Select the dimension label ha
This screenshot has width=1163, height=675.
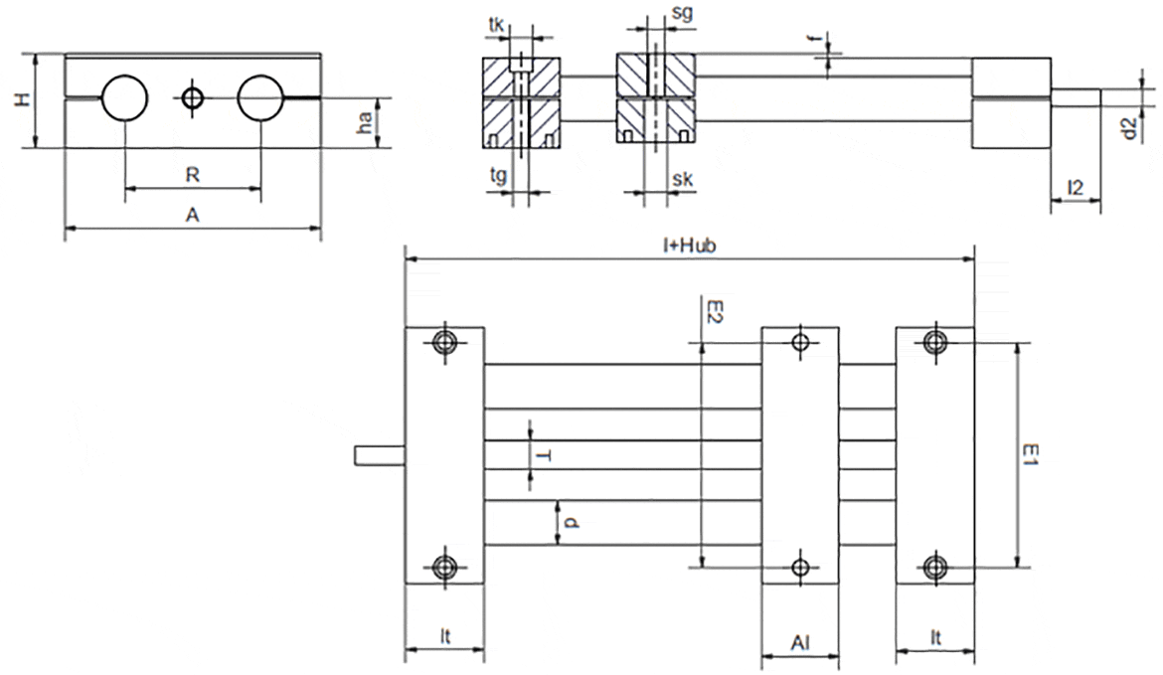(x=366, y=122)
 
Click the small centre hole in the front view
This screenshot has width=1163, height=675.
(x=193, y=97)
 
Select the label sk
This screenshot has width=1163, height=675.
(x=682, y=179)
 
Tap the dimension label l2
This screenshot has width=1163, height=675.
(x=1075, y=186)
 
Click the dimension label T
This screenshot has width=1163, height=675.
(x=544, y=454)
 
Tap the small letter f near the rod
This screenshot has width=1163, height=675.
(x=813, y=40)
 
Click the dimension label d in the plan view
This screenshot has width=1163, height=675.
(x=569, y=522)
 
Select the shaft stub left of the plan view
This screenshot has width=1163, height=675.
(x=380, y=455)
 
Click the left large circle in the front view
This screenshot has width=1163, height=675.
(x=124, y=97)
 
